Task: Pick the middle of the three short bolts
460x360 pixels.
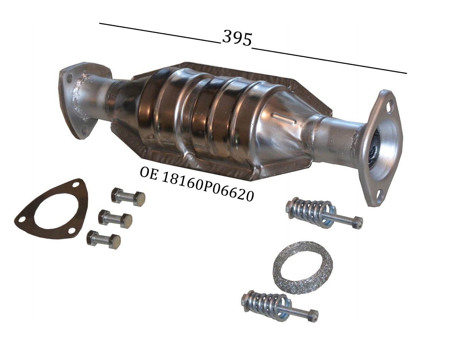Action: coord(115,218)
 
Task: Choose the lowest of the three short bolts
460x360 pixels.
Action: coord(103,239)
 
